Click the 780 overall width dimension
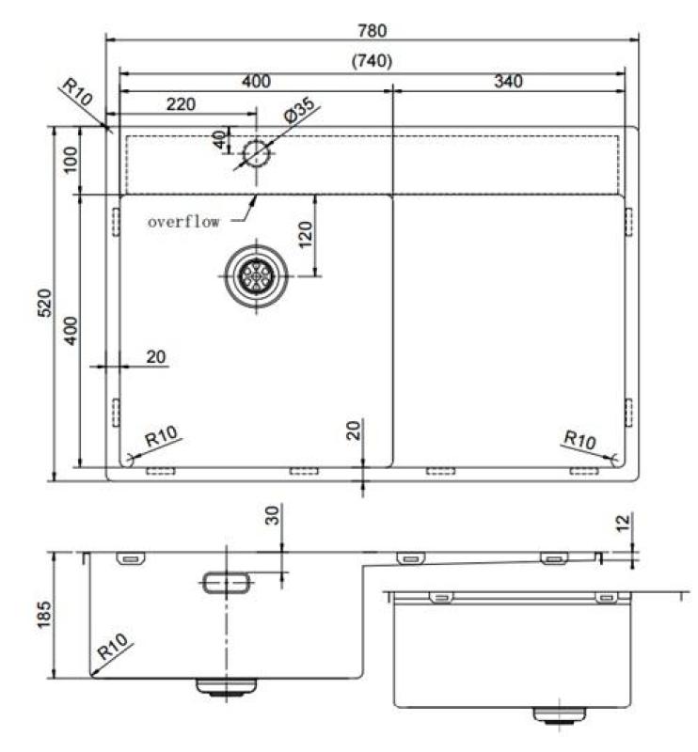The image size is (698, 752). (x=372, y=30)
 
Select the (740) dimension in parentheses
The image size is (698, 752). (x=372, y=60)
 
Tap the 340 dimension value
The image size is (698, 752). (x=507, y=82)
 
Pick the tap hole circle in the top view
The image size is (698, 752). (x=255, y=153)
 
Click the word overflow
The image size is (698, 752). (x=184, y=223)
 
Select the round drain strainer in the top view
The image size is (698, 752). (x=255, y=275)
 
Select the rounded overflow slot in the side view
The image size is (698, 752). (x=227, y=583)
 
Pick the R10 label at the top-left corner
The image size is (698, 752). (x=77, y=93)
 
